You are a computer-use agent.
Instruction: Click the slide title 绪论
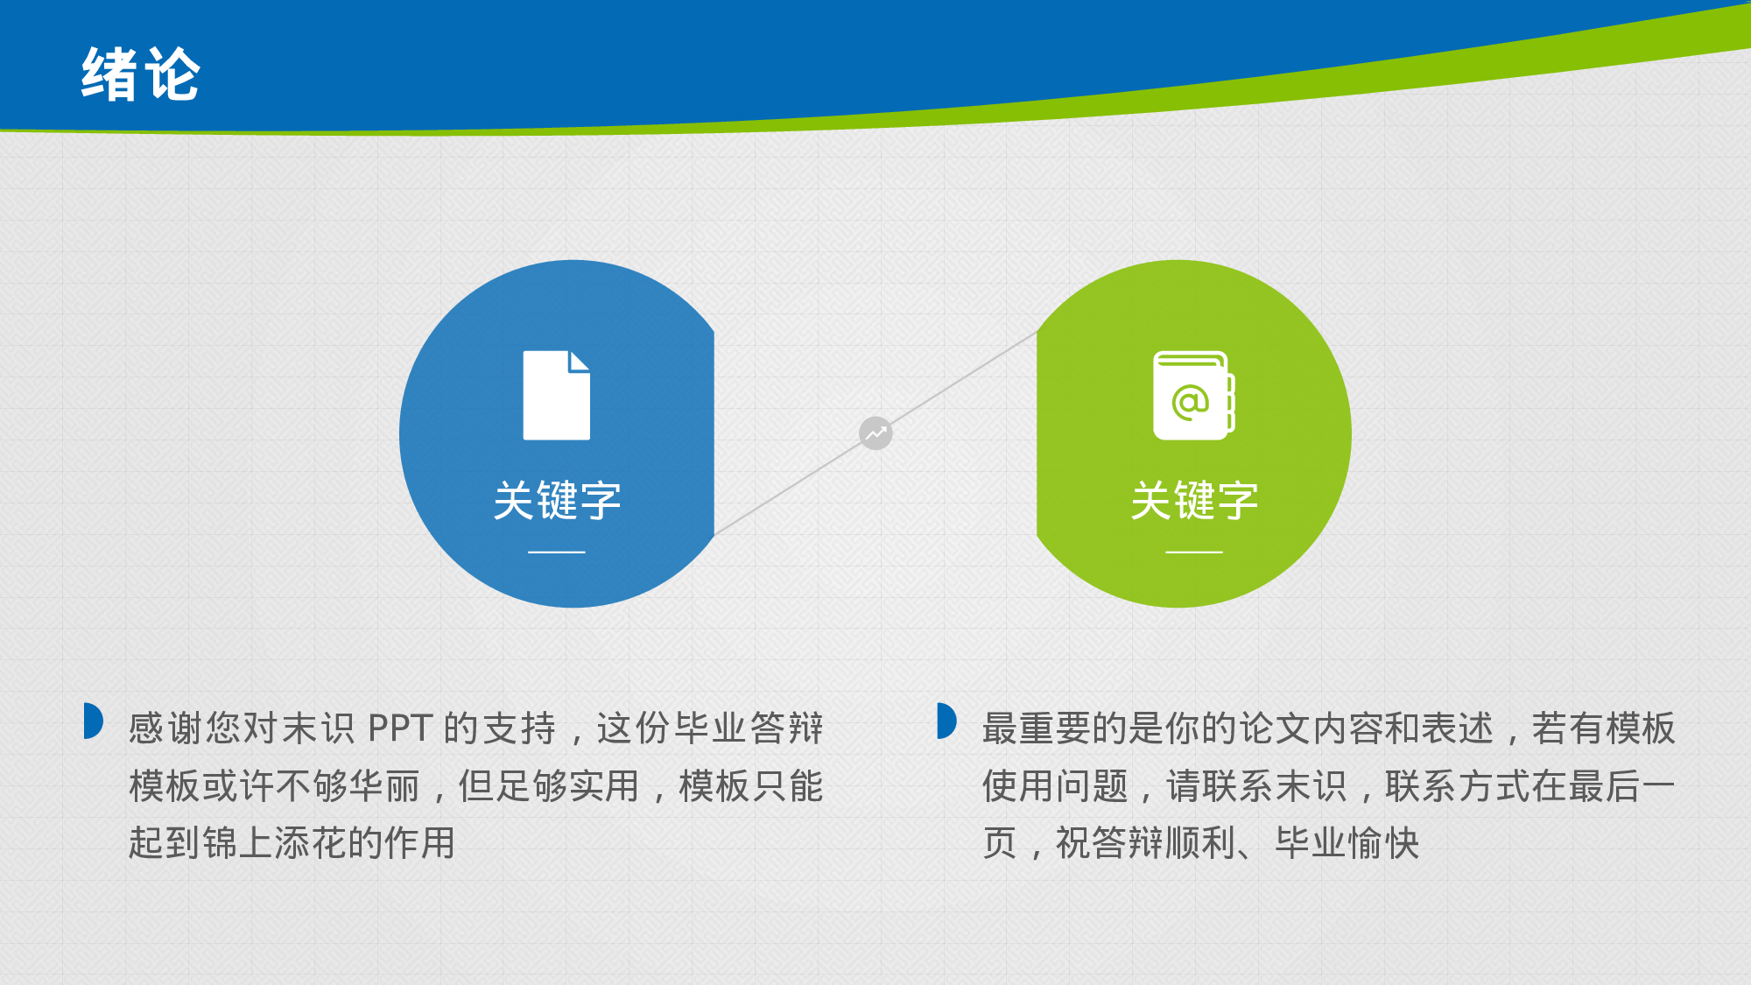click(x=141, y=74)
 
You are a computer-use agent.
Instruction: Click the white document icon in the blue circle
click(x=557, y=395)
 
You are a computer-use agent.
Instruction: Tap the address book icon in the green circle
click(x=1194, y=395)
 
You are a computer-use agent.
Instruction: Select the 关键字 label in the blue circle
click(x=557, y=501)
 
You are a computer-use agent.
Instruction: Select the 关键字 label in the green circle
click(x=1194, y=501)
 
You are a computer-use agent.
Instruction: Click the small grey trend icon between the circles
click(x=875, y=433)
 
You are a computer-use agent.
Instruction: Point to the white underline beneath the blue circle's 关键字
click(x=557, y=552)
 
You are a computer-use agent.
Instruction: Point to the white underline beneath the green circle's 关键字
click(x=1194, y=552)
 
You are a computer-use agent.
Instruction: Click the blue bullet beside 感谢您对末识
click(x=93, y=721)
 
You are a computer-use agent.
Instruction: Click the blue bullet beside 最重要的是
click(x=946, y=721)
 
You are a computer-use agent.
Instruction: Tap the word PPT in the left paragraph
click(x=400, y=728)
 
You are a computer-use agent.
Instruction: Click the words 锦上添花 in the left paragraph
click(x=274, y=843)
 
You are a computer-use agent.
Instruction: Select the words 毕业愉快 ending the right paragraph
click(x=1347, y=843)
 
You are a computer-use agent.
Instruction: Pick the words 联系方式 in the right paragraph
click(x=1458, y=786)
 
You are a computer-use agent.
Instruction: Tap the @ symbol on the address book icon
click(x=1190, y=402)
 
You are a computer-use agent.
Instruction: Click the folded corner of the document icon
click(x=579, y=361)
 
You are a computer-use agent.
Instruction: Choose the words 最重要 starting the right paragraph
click(x=1037, y=728)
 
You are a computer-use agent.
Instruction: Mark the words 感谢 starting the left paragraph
click(x=165, y=728)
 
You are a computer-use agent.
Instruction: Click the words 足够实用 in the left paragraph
click(x=567, y=786)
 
